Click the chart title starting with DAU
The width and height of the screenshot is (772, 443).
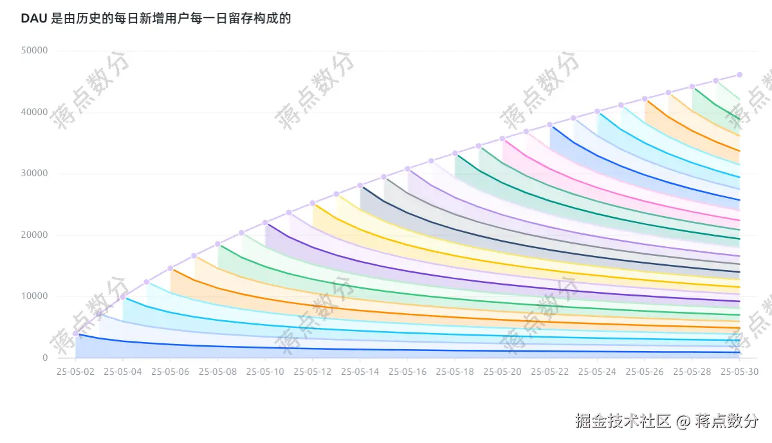(156, 19)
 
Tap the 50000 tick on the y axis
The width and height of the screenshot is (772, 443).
(34, 51)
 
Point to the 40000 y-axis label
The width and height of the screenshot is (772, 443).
(34, 112)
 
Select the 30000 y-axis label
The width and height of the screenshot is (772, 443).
(34, 174)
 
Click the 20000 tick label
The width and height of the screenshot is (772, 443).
(34, 235)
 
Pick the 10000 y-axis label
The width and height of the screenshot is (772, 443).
(34, 296)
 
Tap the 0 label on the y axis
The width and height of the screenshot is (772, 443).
(45, 357)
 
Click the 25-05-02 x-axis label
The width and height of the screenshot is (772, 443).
(76, 372)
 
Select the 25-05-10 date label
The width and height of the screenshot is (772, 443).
(266, 372)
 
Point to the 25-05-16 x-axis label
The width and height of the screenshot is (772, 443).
(408, 372)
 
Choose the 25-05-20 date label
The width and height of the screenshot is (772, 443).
(502, 372)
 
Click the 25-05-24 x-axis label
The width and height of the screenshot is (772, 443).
(598, 372)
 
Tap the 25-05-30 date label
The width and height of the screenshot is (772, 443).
(740, 372)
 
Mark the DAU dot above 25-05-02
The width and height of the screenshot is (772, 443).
(76, 334)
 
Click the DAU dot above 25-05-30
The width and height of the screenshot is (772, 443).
(740, 75)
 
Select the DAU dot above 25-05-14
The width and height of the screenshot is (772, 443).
(360, 185)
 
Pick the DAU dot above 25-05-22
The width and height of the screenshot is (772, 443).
(550, 125)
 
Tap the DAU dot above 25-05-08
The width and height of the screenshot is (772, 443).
(218, 244)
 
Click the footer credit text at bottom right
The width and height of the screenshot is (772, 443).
(666, 421)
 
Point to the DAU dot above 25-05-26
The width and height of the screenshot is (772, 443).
(645, 99)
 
